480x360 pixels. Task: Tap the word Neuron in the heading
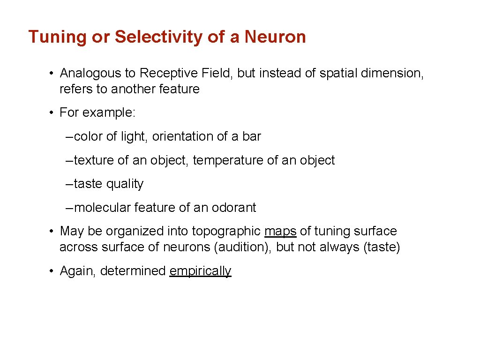[275, 37]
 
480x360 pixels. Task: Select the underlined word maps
[280, 232]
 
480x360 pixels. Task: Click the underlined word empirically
[200, 271]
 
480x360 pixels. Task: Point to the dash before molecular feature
[69, 208]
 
